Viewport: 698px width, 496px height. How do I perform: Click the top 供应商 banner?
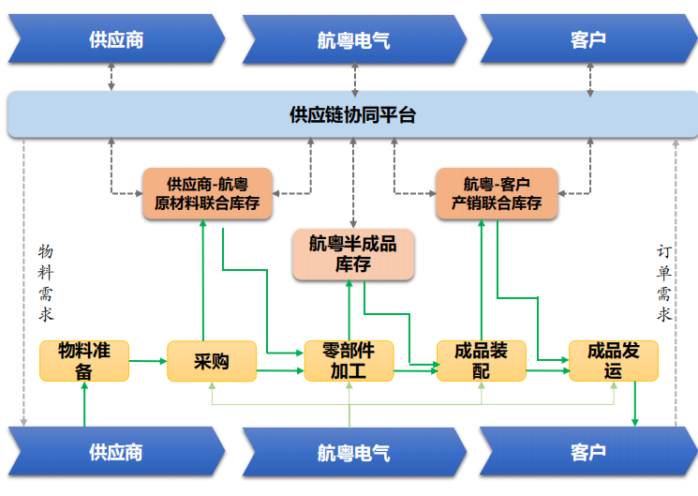pyautogui.click(x=116, y=38)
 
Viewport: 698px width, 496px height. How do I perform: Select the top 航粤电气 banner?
pyautogui.click(x=354, y=39)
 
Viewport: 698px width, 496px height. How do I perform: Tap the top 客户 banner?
pyautogui.click(x=588, y=38)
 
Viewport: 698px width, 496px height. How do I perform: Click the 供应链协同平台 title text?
pyautogui.click(x=352, y=115)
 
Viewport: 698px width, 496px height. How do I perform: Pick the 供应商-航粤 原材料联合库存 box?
pyautogui.click(x=207, y=193)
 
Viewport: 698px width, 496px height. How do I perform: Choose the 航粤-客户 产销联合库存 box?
pyautogui.click(x=497, y=193)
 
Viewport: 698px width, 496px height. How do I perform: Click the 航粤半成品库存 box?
pyautogui.click(x=353, y=254)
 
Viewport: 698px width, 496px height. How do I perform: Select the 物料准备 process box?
pyautogui.click(x=84, y=361)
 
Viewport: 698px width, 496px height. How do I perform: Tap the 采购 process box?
pyautogui.click(x=212, y=361)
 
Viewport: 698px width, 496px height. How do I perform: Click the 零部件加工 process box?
pyautogui.click(x=349, y=361)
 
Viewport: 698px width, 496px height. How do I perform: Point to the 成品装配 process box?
pyautogui.click(x=482, y=361)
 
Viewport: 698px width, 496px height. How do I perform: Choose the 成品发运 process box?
pyautogui.click(x=614, y=361)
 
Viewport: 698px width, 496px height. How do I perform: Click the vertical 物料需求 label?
pyautogui.click(x=45, y=283)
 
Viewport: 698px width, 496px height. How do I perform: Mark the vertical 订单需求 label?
pyautogui.click(x=663, y=283)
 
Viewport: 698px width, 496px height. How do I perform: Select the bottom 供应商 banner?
pyautogui.click(x=116, y=451)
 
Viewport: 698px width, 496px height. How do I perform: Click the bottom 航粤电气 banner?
pyautogui.click(x=354, y=452)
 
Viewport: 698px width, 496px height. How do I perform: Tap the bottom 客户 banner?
pyautogui.click(x=588, y=451)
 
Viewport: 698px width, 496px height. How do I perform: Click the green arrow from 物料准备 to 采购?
pyautogui.click(x=148, y=361)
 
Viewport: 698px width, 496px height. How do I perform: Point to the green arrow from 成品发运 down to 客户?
pyautogui.click(x=635, y=404)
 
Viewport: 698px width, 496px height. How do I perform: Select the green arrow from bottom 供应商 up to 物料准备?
pyautogui.click(x=84, y=404)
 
